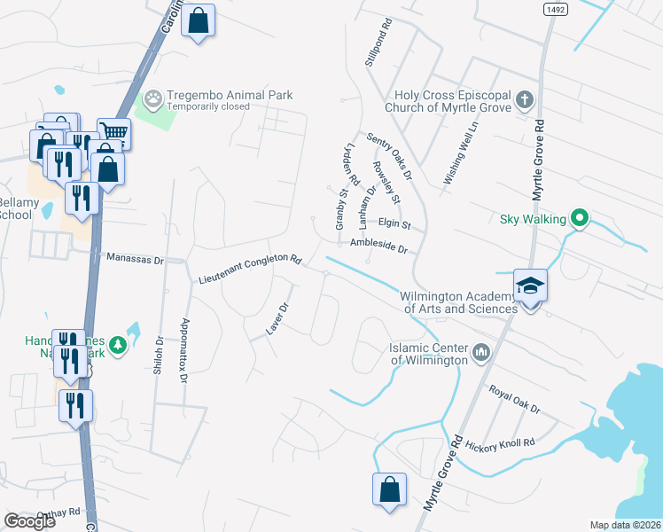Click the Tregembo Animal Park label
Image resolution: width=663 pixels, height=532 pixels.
[x=231, y=95]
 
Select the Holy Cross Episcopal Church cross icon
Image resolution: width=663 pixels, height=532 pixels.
[x=524, y=99]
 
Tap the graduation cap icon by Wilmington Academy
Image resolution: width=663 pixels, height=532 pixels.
[x=530, y=286]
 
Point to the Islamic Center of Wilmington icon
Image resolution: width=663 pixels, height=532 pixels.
[x=481, y=353]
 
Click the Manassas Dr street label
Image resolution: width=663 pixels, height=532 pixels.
[x=136, y=259]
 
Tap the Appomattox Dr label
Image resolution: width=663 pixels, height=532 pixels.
[x=184, y=350]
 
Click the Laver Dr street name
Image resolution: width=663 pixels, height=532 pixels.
[x=278, y=319]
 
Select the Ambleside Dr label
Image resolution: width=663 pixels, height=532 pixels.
[x=378, y=246]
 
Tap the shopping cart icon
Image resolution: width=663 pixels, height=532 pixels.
[x=113, y=135]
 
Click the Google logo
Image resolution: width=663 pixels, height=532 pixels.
[x=31, y=521]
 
